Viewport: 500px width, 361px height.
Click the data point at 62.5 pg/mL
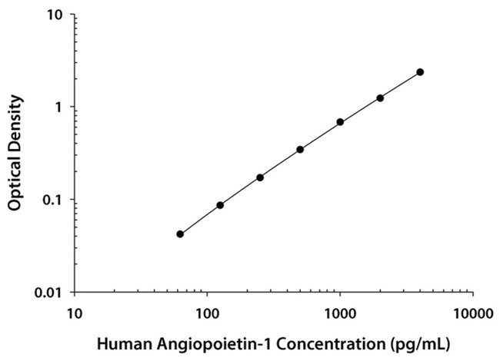pyautogui.click(x=180, y=233)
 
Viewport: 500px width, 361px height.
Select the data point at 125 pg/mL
pyautogui.click(x=220, y=205)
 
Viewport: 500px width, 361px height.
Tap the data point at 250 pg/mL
pyautogui.click(x=260, y=177)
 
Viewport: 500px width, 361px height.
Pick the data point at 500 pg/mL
pyautogui.click(x=300, y=149)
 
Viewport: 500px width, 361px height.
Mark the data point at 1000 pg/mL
pyautogui.click(x=340, y=122)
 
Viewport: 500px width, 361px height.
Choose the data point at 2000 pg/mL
pyautogui.click(x=380, y=98)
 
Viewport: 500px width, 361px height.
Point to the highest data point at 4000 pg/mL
pyautogui.click(x=420, y=72)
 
